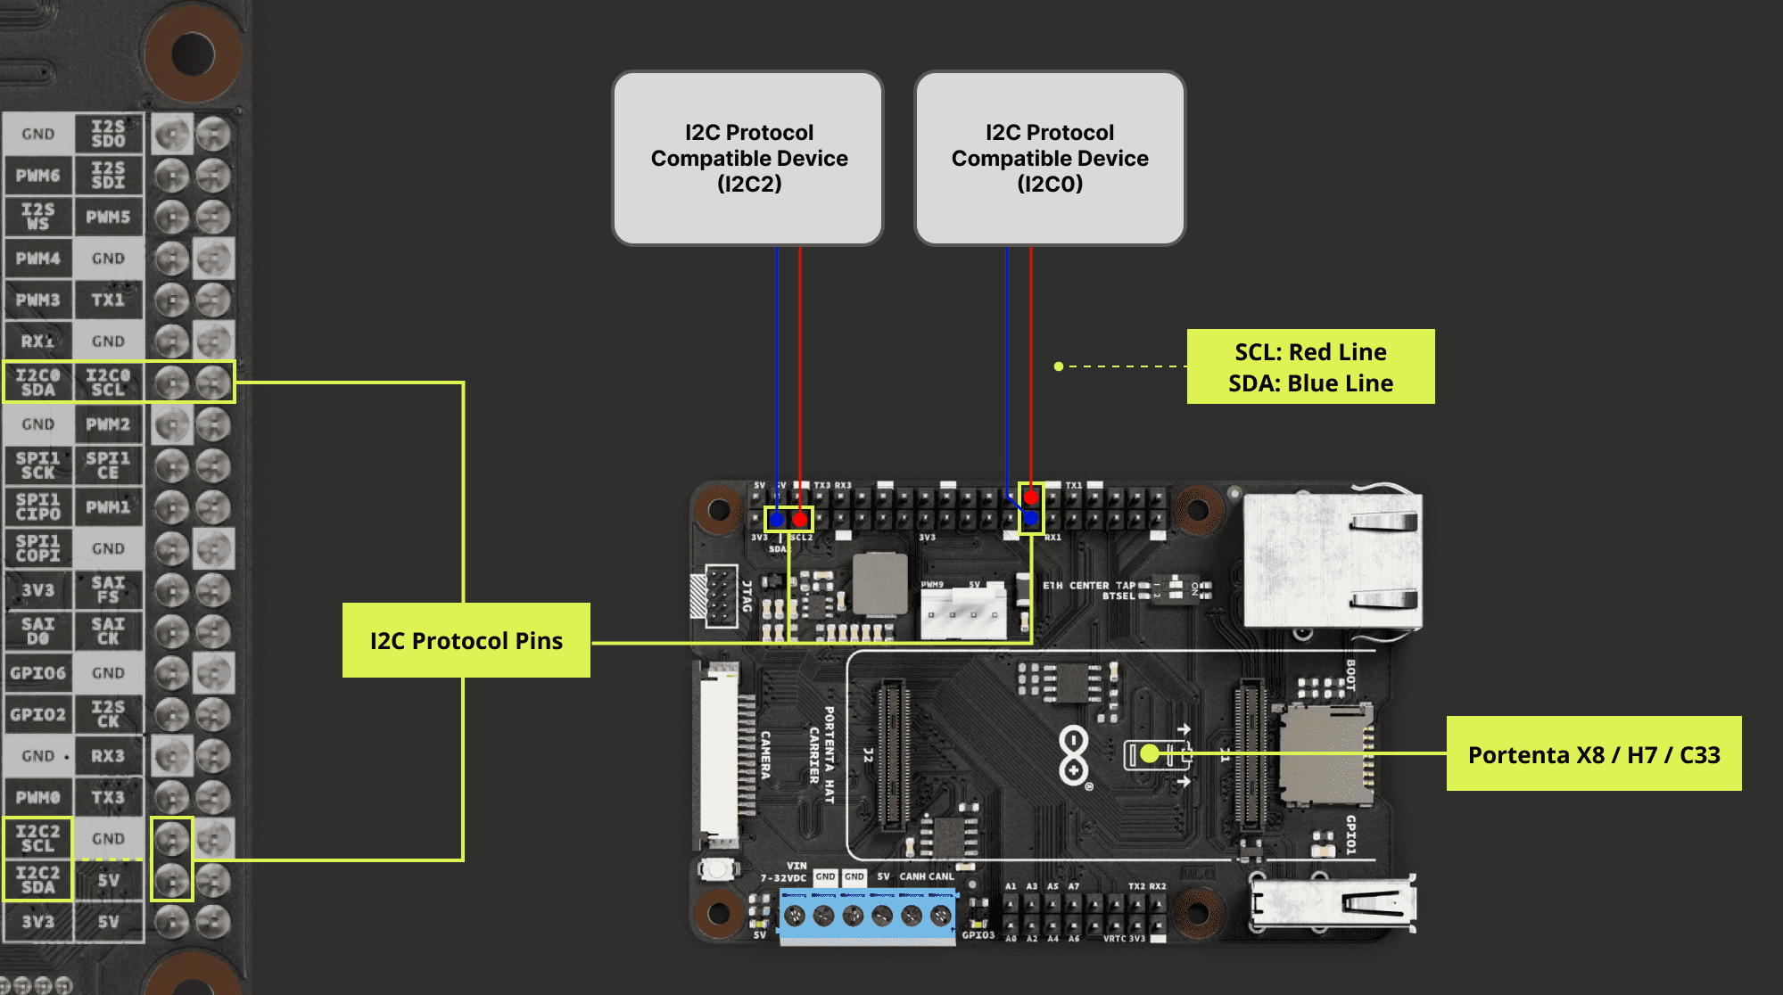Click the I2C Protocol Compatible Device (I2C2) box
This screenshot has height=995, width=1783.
click(x=747, y=158)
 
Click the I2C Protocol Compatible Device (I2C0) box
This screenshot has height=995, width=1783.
click(x=1049, y=158)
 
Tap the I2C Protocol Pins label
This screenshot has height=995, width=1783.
click(x=466, y=640)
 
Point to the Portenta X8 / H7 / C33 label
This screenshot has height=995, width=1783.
click(x=1593, y=754)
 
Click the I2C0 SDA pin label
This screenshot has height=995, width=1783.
click(x=38, y=382)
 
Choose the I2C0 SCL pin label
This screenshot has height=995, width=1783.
click(x=108, y=382)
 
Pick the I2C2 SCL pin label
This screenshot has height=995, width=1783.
click(x=38, y=838)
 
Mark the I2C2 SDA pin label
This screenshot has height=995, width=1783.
click(x=38, y=880)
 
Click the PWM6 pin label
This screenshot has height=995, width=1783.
click(x=38, y=176)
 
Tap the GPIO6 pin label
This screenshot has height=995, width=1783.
click(x=38, y=673)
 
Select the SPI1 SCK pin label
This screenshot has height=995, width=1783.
click(x=38, y=465)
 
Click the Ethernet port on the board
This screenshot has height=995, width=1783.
click(x=1333, y=560)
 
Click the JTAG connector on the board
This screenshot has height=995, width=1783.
click(x=721, y=596)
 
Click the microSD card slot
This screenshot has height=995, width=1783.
click(x=1325, y=753)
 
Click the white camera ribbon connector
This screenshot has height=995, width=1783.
click(x=719, y=754)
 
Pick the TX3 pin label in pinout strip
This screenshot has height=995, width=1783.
click(x=108, y=797)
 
